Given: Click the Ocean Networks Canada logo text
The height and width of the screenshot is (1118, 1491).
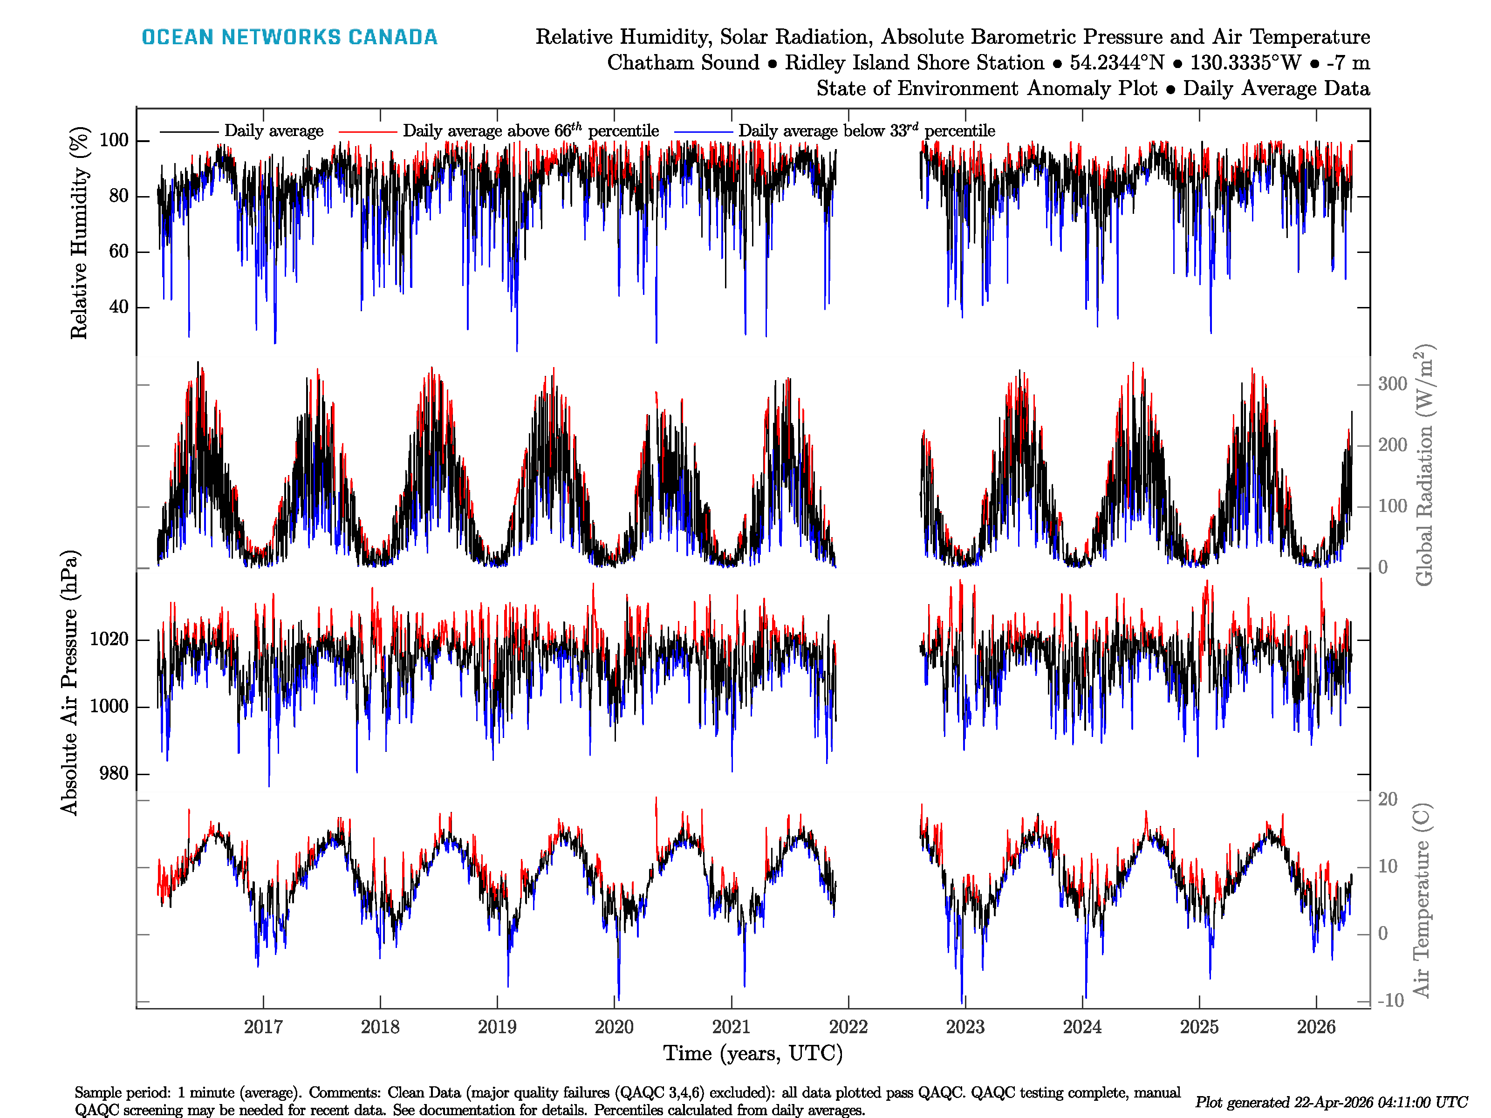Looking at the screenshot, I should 289,37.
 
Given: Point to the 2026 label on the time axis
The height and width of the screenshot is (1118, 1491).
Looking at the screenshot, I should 1316,1027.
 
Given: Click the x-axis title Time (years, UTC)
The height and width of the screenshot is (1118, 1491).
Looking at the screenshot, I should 753,1053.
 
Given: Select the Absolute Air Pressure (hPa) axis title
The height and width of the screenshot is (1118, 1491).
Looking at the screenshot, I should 69,682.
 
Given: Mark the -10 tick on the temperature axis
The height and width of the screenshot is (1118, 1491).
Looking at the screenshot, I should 1390,1001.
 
